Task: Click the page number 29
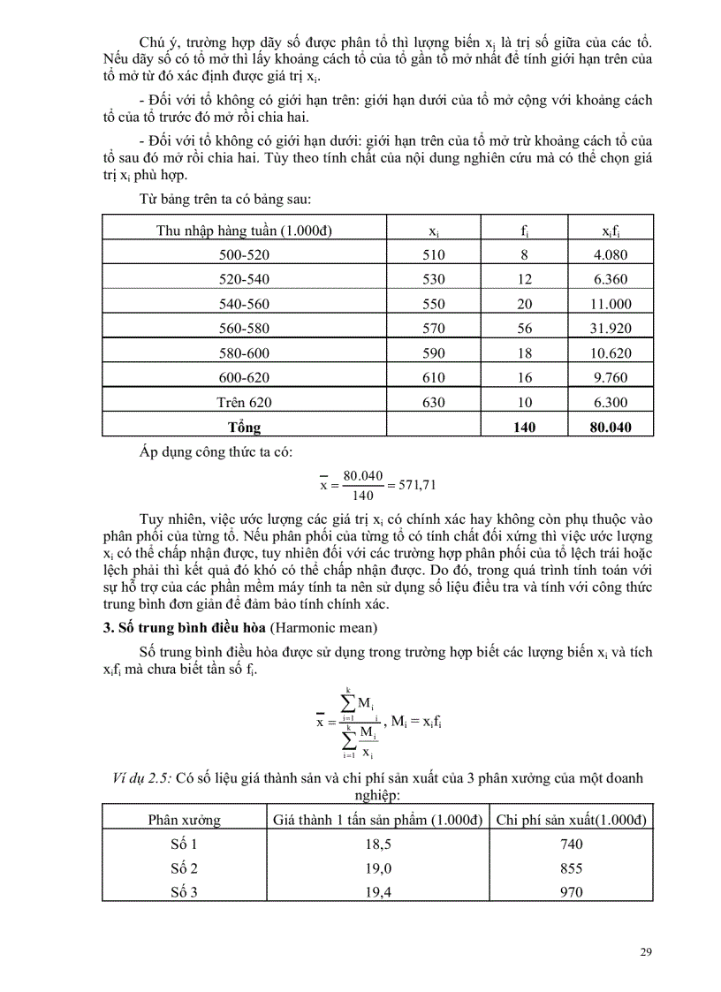point(645,951)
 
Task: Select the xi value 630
point(435,403)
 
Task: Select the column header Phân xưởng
point(184,819)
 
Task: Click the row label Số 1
point(184,844)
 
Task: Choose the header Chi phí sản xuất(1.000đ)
point(571,819)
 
